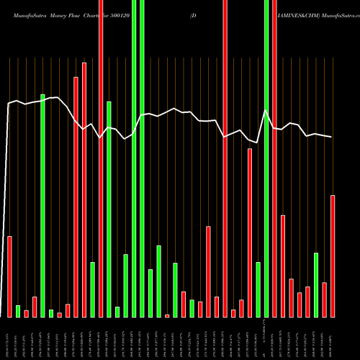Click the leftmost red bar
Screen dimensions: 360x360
pyautogui.click(x=9, y=276)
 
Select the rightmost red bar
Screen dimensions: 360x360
pyautogui.click(x=333, y=256)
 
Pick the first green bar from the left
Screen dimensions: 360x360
pyautogui.click(x=17, y=311)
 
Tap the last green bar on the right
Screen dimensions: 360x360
pyautogui.click(x=316, y=284)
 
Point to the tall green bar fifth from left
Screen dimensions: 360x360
pyautogui.click(x=109, y=209)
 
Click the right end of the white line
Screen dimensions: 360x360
pyautogui.click(x=332, y=137)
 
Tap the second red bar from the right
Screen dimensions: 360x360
pyautogui.click(x=325, y=300)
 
